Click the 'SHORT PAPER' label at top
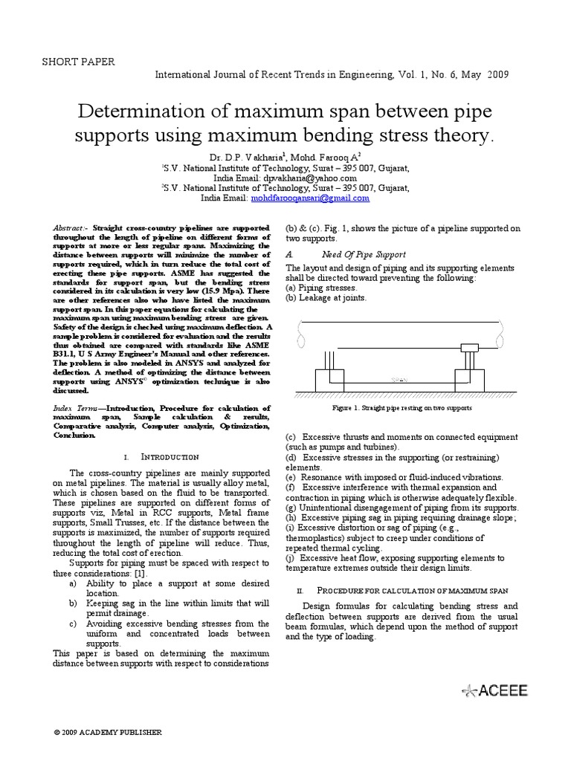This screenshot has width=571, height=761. point(78,62)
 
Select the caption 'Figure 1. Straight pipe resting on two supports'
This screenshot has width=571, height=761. point(402,408)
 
